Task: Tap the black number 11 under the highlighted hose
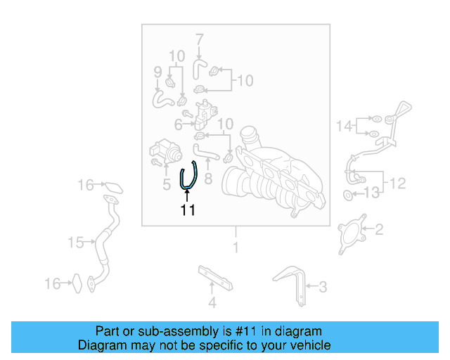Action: tap(187, 210)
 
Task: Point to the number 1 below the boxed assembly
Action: tap(236, 247)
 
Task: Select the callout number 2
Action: tap(378, 229)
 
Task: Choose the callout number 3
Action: tap(323, 286)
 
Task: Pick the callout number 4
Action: tap(212, 304)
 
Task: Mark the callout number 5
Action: tap(167, 186)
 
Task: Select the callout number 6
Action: tap(178, 124)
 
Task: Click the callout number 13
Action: tap(371, 191)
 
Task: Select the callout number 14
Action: tap(344, 126)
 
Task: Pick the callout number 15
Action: tap(75, 243)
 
